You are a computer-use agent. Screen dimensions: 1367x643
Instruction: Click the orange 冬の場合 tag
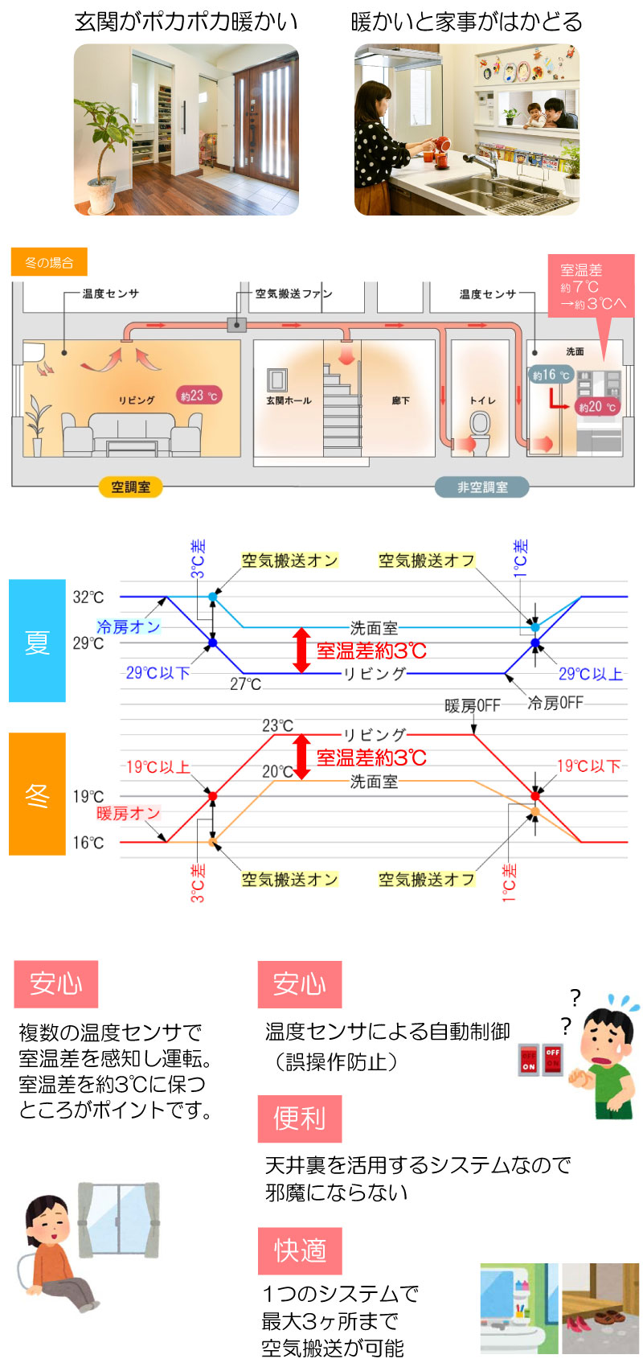tap(49, 263)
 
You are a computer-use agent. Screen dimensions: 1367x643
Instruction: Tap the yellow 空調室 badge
tap(130, 486)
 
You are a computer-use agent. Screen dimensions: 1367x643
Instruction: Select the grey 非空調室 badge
tap(482, 486)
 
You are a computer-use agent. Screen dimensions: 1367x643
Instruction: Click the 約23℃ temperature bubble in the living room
tap(199, 396)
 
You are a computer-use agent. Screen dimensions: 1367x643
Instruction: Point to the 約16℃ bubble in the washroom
tap(551, 375)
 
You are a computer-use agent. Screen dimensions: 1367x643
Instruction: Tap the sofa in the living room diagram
tap(132, 434)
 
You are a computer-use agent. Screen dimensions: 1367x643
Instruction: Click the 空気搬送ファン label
tap(293, 294)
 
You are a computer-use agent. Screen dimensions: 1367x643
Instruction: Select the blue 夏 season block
tap(37, 641)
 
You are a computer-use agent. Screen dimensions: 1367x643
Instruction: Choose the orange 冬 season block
tap(37, 794)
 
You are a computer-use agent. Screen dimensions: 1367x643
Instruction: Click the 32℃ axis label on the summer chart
tap(88, 597)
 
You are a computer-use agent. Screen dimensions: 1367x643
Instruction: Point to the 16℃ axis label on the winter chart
tap(88, 843)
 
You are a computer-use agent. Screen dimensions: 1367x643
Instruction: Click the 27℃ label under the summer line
tap(245, 684)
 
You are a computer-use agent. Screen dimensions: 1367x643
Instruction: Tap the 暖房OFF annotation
tap(473, 706)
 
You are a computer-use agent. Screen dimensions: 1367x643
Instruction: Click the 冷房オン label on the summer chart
tap(128, 626)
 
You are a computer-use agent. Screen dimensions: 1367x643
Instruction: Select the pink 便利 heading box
tap(300, 1119)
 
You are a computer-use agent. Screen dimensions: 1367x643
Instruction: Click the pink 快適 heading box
tap(300, 1250)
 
